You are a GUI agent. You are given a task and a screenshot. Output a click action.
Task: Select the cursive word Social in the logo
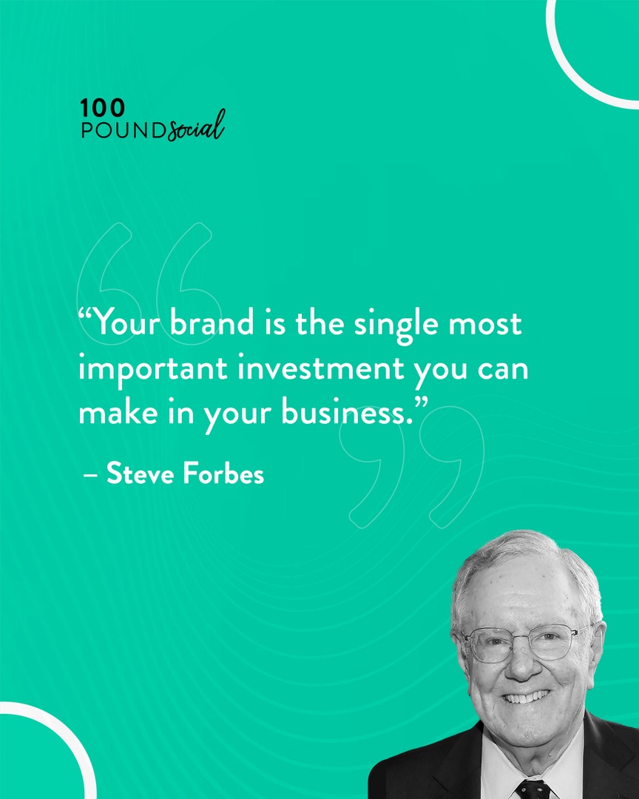tap(196, 128)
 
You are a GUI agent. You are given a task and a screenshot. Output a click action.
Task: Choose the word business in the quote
tap(345, 413)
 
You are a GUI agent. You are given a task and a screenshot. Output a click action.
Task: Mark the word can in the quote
tap(502, 370)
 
